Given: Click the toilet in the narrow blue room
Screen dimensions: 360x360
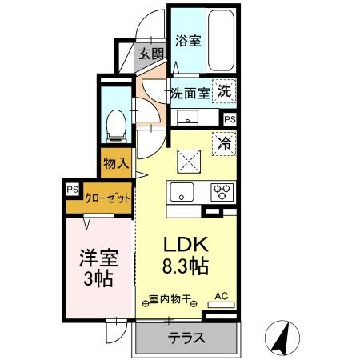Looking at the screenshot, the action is pos(116,126).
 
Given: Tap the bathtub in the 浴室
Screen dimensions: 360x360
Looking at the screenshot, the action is pos(221,41).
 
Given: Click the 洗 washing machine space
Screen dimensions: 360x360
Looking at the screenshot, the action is pos(224,91).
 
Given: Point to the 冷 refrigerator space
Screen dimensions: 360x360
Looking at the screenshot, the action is pos(224,144).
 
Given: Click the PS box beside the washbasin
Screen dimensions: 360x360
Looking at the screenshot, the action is pos(230,119).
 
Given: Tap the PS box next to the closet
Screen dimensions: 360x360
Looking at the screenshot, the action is pos(72,190).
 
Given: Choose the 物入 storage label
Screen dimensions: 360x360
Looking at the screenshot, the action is pos(116,162).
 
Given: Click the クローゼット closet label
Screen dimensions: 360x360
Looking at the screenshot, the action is pos(107,198).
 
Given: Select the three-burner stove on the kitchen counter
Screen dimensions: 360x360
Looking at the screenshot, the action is pos(222,192).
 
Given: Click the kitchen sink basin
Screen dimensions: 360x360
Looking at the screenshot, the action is pos(182,192).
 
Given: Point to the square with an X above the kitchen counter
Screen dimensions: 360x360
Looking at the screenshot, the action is pos(189,161).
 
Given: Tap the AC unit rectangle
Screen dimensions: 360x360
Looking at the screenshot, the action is pos(221,305).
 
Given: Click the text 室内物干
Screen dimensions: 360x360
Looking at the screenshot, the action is pos(170,299).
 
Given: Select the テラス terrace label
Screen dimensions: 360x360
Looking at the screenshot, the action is pos(186,338).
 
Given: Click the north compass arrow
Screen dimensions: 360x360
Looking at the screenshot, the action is pos(282,338).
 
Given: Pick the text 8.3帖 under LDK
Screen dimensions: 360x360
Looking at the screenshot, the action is pos(186,266).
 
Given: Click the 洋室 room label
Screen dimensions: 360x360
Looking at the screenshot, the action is pos(99,258).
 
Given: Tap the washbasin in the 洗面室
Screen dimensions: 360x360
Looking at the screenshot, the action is pos(187,118).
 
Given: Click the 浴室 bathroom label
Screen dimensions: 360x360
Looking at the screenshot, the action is pos(188,41).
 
